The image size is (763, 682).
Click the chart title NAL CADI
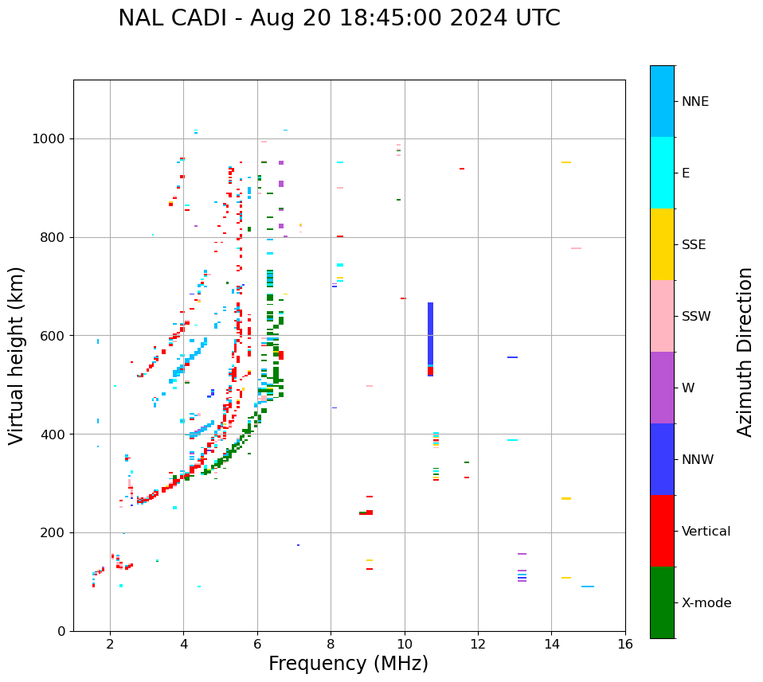tap(338, 18)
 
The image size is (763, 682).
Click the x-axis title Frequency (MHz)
tap(348, 664)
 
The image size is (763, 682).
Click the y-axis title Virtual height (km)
tap(17, 355)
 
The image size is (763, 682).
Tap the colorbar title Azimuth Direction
tap(745, 352)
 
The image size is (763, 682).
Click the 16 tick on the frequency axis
tap(624, 644)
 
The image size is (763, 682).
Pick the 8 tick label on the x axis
tap(331, 644)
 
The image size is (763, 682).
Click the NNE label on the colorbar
tap(695, 102)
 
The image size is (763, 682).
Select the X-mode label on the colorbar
tap(706, 603)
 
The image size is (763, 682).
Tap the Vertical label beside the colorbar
tap(706, 532)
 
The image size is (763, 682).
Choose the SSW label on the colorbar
tap(696, 317)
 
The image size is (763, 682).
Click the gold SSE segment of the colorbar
tap(662, 244)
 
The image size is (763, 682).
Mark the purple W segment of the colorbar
tap(662, 388)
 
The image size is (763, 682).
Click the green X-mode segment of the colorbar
tap(662, 602)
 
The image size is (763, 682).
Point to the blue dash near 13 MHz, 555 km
tap(512, 357)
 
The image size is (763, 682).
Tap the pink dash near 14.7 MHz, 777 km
tap(576, 248)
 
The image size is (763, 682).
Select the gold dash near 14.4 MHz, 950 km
tap(565, 162)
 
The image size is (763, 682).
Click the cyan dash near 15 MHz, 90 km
tap(587, 587)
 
